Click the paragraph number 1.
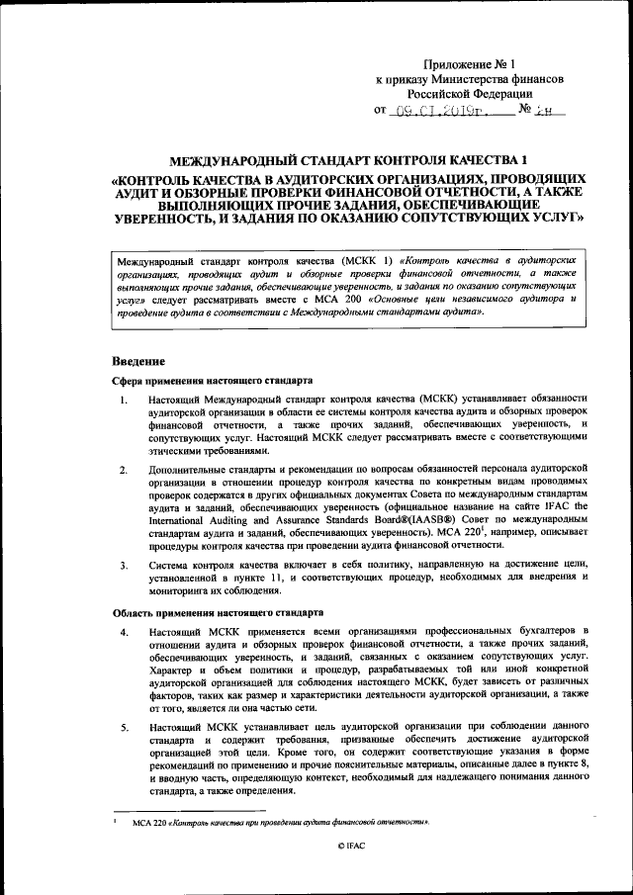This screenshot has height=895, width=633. [123, 401]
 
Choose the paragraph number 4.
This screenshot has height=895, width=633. [123, 631]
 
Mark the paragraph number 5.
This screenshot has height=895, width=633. [123, 728]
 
